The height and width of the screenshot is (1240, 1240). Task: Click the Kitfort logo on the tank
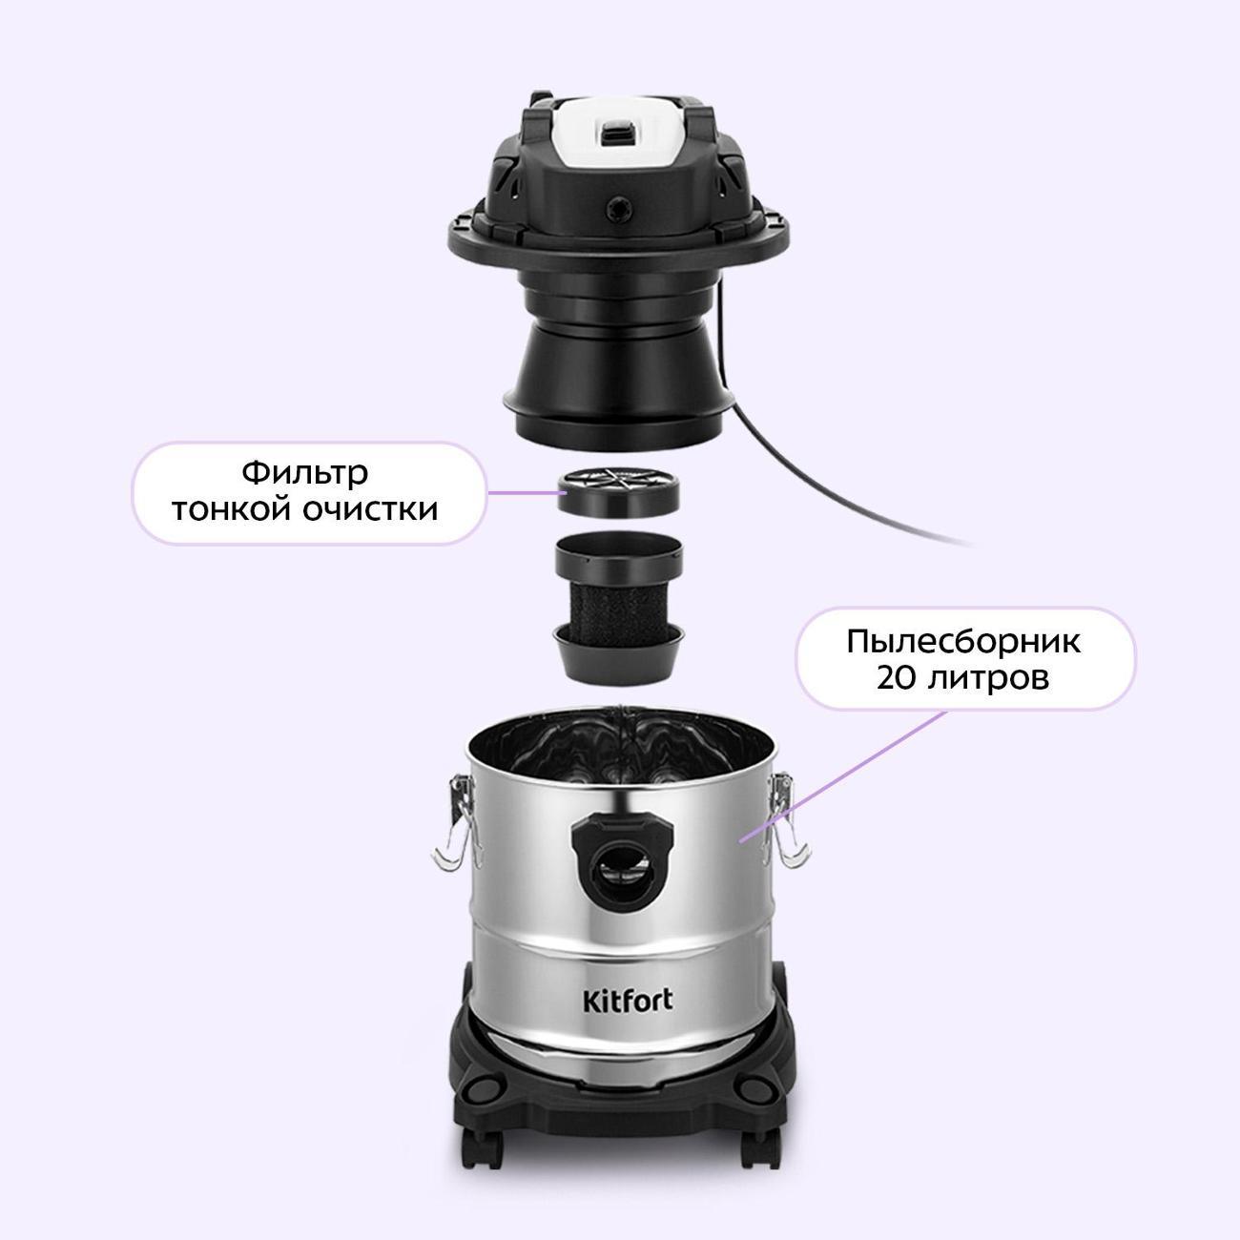point(628,1001)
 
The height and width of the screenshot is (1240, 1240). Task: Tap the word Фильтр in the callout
point(305,474)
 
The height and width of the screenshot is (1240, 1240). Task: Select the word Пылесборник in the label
point(963,642)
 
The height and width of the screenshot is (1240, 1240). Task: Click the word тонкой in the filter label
point(232,510)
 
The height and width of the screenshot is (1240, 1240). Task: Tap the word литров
point(988,678)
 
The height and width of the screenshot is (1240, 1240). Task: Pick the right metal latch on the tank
point(786,821)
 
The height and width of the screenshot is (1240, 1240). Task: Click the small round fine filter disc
point(618,491)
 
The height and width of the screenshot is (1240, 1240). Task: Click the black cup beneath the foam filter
point(618,653)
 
